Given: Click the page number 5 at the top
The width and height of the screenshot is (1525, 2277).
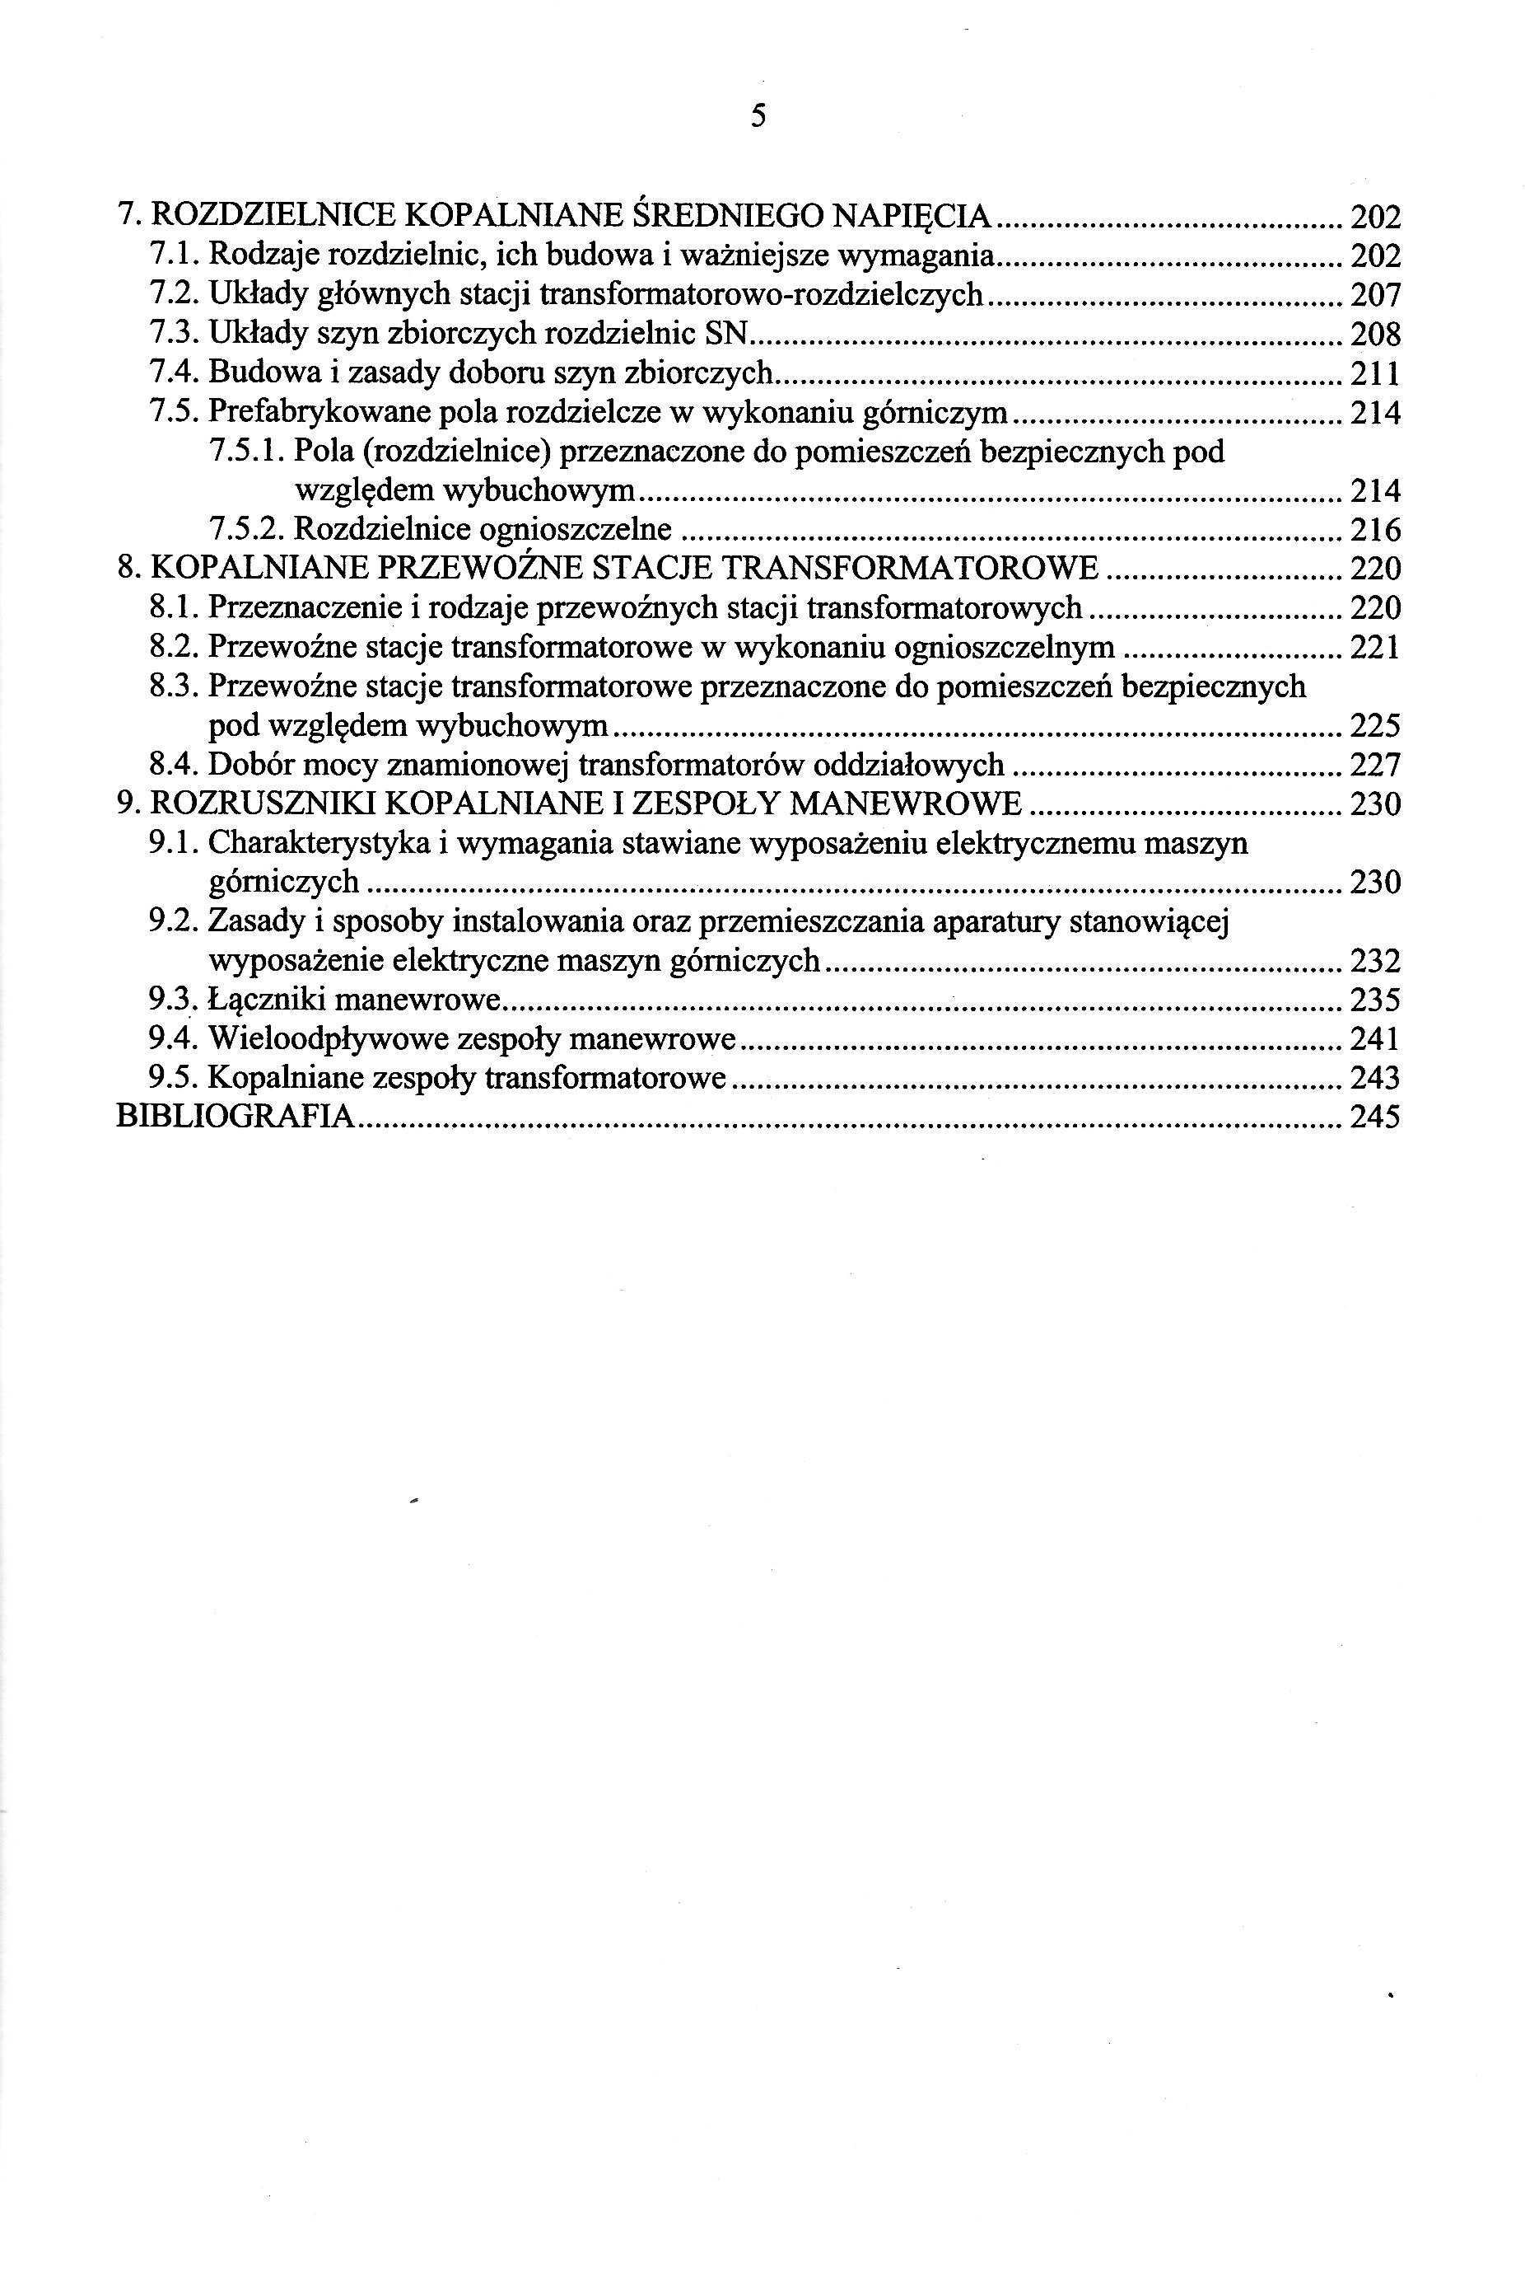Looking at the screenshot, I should [x=758, y=117].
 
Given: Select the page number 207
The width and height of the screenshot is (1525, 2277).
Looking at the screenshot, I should [x=1375, y=295].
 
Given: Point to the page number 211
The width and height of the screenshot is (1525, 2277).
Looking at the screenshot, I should [x=1375, y=373].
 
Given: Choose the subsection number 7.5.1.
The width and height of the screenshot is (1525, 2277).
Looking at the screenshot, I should [x=246, y=452].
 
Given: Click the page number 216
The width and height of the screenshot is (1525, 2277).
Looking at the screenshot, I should [x=1375, y=531].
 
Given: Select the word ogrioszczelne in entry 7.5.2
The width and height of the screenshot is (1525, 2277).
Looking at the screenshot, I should [x=576, y=531].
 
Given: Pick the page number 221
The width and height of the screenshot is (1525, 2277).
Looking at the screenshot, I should [x=1375, y=648].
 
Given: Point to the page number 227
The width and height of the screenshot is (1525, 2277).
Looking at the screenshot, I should [x=1375, y=766].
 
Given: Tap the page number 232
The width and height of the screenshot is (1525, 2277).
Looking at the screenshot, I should [x=1375, y=963].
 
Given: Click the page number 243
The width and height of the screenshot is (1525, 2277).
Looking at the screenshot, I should [x=1375, y=1079].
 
